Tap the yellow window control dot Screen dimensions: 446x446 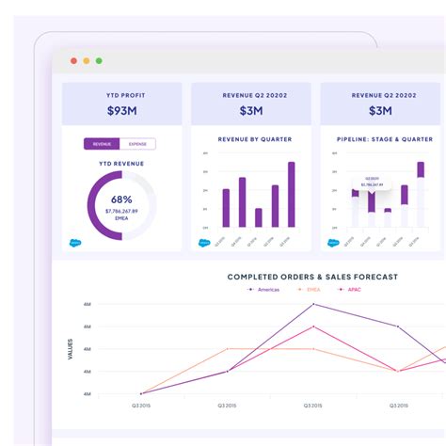(x=87, y=61)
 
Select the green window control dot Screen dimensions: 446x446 (x=99, y=61)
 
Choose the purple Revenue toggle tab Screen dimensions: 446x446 (x=102, y=144)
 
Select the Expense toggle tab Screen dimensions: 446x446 (x=137, y=144)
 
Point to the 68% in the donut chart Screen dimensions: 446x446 (x=120, y=199)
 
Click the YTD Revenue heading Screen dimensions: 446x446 (x=120, y=163)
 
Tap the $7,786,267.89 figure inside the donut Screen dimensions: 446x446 (x=120, y=212)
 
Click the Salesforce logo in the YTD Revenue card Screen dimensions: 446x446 (x=74, y=242)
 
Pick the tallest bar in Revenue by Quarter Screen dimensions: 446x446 (x=292, y=194)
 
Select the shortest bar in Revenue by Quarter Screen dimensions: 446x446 (x=258, y=217)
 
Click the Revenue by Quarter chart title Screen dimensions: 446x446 (x=254, y=139)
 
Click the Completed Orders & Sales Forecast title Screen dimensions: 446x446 (x=312, y=277)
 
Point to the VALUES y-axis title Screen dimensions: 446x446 (x=70, y=348)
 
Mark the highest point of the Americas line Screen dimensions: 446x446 (x=313, y=305)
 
